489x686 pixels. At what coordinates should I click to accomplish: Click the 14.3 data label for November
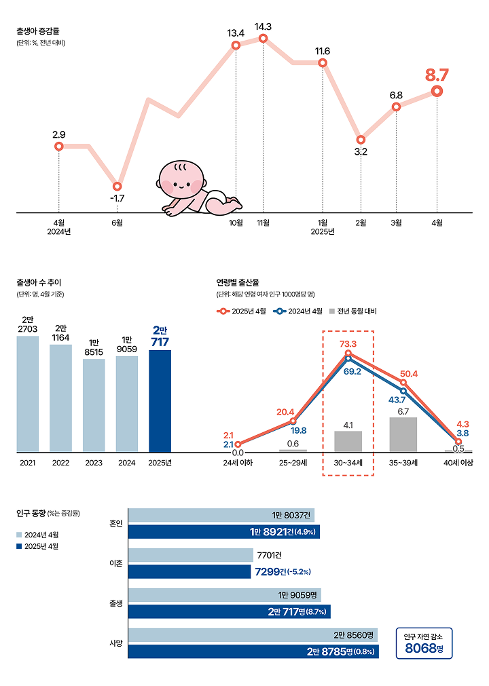(263, 27)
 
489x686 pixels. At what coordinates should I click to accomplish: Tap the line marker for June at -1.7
(117, 186)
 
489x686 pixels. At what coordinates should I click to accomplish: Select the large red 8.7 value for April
(437, 75)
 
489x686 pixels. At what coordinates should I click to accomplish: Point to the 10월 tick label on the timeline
(236, 222)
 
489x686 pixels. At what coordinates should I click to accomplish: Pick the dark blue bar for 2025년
(160, 400)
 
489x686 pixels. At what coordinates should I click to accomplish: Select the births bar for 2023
(94, 405)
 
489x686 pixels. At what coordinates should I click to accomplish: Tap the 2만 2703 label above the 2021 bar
(27, 324)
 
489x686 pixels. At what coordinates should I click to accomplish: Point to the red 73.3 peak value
(348, 344)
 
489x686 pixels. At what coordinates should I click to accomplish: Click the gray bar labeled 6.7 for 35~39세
(403, 434)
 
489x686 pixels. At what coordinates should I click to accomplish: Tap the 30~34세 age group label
(348, 463)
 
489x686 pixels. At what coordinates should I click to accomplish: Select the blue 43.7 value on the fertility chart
(397, 400)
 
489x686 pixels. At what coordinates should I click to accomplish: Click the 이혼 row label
(116, 563)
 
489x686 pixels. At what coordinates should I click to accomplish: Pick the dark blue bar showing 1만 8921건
(223, 531)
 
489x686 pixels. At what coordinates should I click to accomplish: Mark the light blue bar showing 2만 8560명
(252, 635)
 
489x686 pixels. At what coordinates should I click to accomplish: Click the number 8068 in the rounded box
(420, 649)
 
